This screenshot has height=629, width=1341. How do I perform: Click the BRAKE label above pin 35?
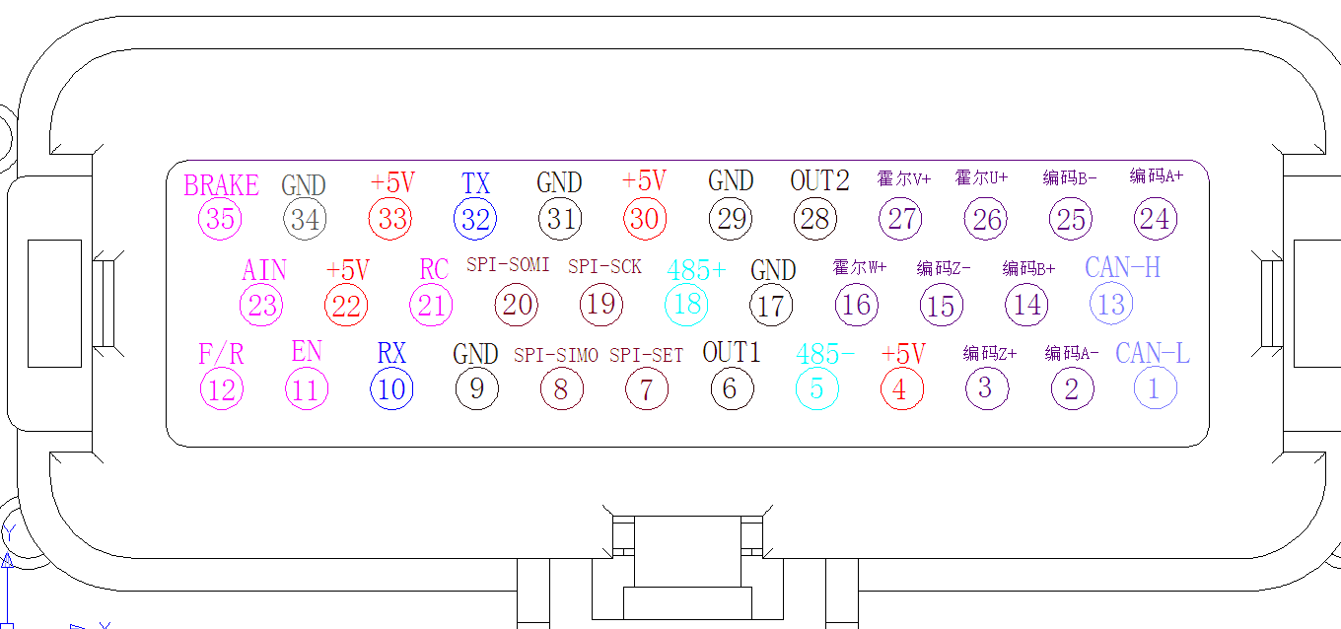coord(221,185)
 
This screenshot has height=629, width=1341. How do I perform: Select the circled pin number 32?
coord(475,219)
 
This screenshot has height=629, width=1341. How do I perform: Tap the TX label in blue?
coord(475,183)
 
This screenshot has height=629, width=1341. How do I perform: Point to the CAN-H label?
coord(1122,267)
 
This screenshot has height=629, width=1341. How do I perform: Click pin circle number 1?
coord(1154,389)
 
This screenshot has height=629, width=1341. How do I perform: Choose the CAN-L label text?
coord(1152,353)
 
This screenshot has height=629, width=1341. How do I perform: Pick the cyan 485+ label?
coord(695,269)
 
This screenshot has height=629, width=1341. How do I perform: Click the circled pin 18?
coord(686,305)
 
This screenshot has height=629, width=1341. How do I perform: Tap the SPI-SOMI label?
coord(508,265)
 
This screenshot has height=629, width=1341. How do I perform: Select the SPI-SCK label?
coord(604,266)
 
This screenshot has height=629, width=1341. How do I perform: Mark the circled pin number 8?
coord(560,389)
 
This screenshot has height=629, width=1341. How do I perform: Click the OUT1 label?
coord(732,352)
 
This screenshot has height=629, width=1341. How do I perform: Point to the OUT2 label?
coord(819,181)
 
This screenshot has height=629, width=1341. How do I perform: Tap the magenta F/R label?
coord(221,354)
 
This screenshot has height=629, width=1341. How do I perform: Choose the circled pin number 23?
coord(262,306)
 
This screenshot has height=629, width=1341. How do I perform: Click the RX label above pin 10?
coord(391,353)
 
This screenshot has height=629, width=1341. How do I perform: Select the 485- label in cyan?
coord(825,354)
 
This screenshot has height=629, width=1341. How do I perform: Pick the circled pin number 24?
coord(1155,218)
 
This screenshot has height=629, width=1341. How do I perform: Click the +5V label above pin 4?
coord(903,354)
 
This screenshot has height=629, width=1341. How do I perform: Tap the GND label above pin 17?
coord(773,269)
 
